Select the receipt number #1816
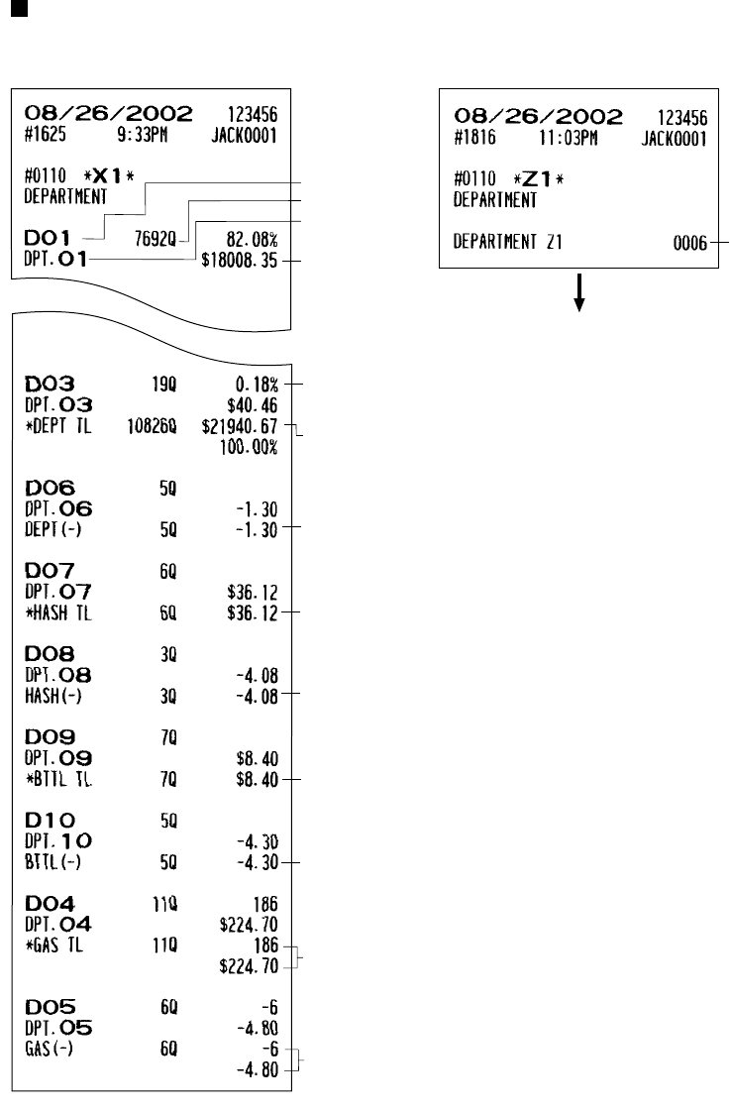(x=469, y=135)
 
